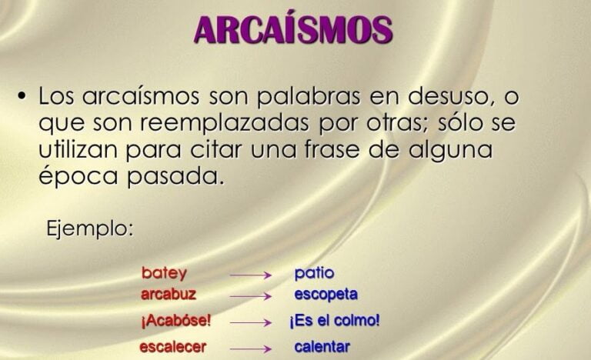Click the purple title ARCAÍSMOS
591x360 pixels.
coord(293,29)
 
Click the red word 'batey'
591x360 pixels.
coord(164,273)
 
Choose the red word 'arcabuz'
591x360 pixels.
coord(169,294)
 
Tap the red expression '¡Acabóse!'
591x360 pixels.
coord(176,321)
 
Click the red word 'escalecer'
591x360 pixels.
coord(173,347)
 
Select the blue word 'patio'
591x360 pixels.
coord(314,273)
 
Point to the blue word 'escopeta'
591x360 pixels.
coord(326,294)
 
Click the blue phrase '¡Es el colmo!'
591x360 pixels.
coord(335,321)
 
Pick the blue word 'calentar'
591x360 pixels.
coord(322,347)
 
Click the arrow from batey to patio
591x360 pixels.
coord(251,274)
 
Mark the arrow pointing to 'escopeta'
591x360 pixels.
coord(251,295)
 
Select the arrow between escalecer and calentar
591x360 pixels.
coord(251,348)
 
